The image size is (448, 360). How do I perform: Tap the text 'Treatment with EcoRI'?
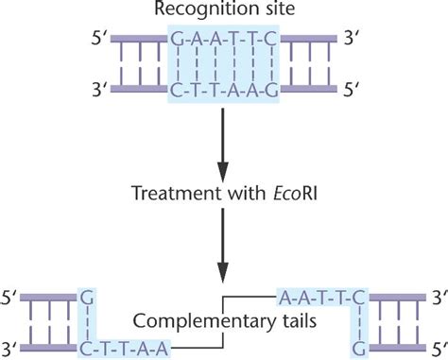point(223,191)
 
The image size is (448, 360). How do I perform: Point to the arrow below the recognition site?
point(224,141)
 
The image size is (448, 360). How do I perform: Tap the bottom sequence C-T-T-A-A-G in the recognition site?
point(224,92)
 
